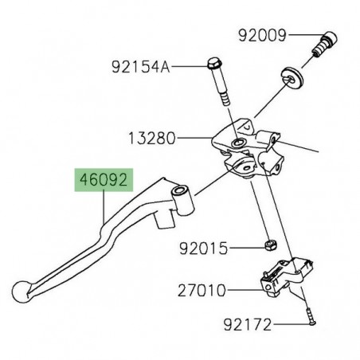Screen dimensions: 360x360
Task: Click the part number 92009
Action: click(x=262, y=35)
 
